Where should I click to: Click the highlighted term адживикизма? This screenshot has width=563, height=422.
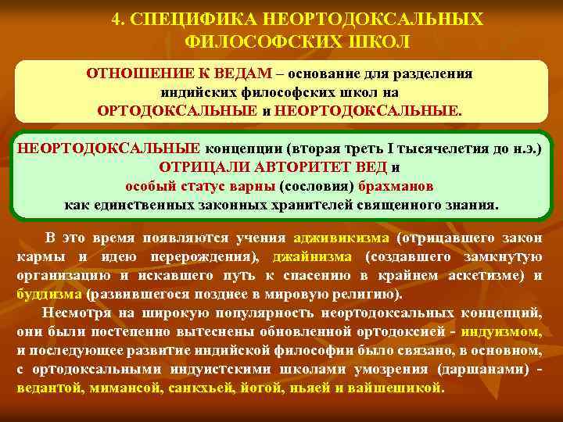coord(341,238)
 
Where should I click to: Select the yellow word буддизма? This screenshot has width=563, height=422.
coord(49,295)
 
